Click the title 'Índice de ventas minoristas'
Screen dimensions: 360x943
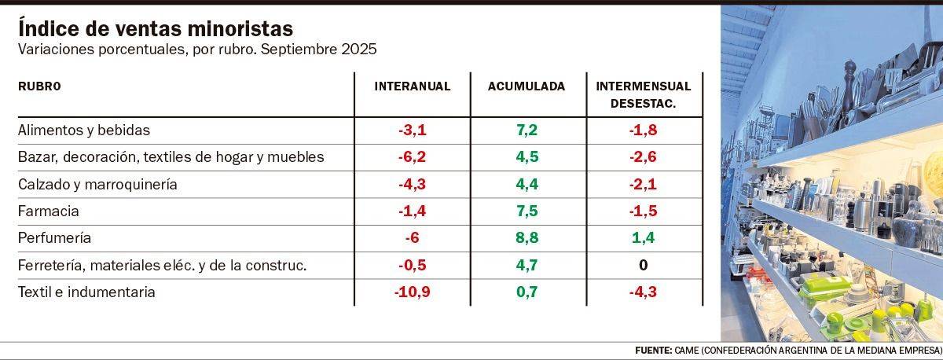pos(156,28)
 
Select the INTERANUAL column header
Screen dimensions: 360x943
pos(413,86)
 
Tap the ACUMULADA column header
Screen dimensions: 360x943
pos(527,86)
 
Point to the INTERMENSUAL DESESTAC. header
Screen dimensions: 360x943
pos(643,94)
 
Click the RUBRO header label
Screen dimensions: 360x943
pos(39,86)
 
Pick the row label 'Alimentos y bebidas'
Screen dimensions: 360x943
pos(83,130)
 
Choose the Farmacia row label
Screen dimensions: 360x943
pos(48,211)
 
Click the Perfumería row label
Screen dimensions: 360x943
pos(54,238)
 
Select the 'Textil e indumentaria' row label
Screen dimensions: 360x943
pos(86,292)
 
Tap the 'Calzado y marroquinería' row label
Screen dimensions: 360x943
pos(97,185)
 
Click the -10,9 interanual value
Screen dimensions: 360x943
pos(413,292)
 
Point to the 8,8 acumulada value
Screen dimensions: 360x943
pos(527,238)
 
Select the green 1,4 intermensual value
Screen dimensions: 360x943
pos(643,238)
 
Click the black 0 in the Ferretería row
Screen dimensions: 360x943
pos(643,266)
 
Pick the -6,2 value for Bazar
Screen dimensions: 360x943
pos(413,157)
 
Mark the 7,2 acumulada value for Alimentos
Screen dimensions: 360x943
pos(527,130)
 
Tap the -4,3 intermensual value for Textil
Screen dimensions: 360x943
pos(643,292)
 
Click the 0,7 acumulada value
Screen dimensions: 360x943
pos(527,292)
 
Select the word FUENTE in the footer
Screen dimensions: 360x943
pos(651,349)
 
